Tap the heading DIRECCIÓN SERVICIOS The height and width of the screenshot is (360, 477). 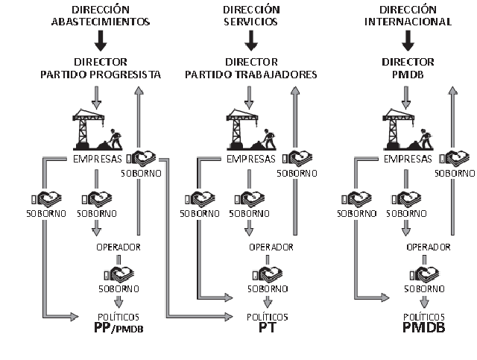(x=250, y=15)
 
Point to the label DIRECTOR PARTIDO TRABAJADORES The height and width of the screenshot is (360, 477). (x=250, y=68)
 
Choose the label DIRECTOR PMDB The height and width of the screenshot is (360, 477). (x=407, y=68)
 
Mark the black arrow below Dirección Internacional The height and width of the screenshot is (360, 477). (x=407, y=40)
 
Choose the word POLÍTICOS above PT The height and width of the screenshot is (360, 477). (x=268, y=316)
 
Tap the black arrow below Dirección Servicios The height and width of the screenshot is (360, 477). (x=250, y=40)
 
